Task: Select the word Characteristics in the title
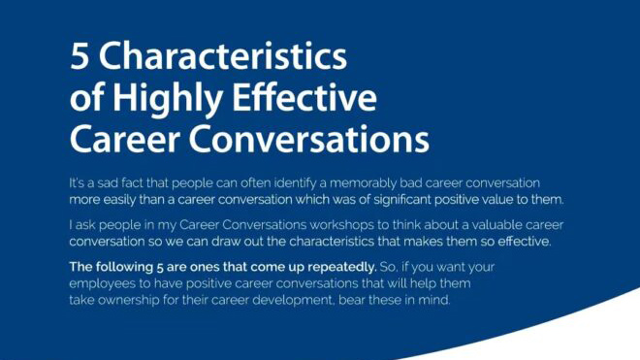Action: [222, 56]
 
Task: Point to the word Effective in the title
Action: [310, 98]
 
